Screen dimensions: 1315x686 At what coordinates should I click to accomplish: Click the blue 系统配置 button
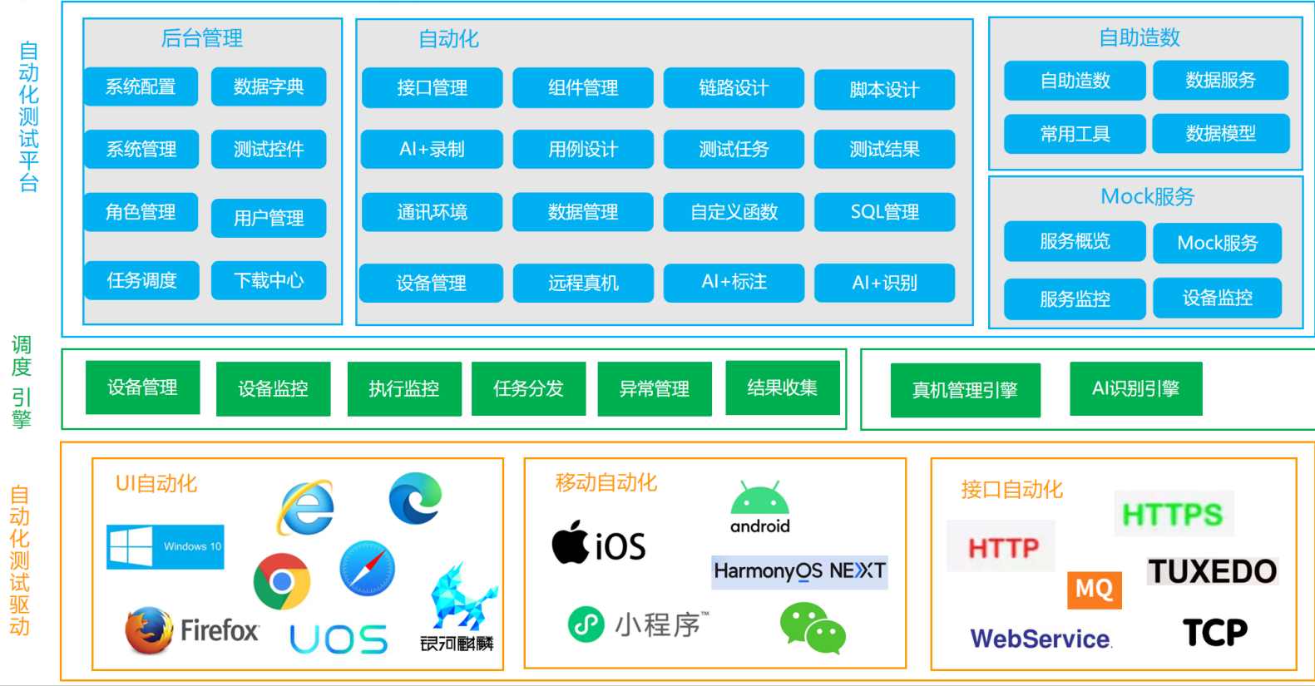[141, 86]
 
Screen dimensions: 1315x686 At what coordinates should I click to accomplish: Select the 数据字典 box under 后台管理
[269, 86]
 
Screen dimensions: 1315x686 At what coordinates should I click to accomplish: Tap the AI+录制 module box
[432, 149]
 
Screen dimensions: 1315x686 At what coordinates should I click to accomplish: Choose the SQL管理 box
[884, 212]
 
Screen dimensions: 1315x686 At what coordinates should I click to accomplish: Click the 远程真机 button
[583, 283]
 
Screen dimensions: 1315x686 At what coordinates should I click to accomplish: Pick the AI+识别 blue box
[884, 283]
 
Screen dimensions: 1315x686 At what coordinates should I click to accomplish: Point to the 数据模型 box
[1220, 134]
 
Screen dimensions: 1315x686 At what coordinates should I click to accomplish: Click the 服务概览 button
[1075, 241]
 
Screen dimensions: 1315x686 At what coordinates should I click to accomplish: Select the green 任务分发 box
[528, 388]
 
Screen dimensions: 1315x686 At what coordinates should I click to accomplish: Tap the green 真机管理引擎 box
[965, 390]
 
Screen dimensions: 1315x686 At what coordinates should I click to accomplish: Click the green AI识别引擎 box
[1136, 388]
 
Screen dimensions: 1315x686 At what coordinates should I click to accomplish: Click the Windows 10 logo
[165, 547]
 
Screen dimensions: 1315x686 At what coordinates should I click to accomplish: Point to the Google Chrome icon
[282, 581]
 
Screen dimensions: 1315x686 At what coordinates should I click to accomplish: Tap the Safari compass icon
[368, 568]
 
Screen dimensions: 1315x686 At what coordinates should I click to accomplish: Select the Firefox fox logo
[149, 630]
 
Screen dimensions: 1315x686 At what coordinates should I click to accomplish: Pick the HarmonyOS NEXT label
[799, 571]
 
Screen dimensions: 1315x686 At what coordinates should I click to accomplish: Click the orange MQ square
[1095, 590]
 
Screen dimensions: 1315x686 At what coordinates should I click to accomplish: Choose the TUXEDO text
[1212, 571]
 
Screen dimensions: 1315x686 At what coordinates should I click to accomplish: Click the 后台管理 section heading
[202, 38]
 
